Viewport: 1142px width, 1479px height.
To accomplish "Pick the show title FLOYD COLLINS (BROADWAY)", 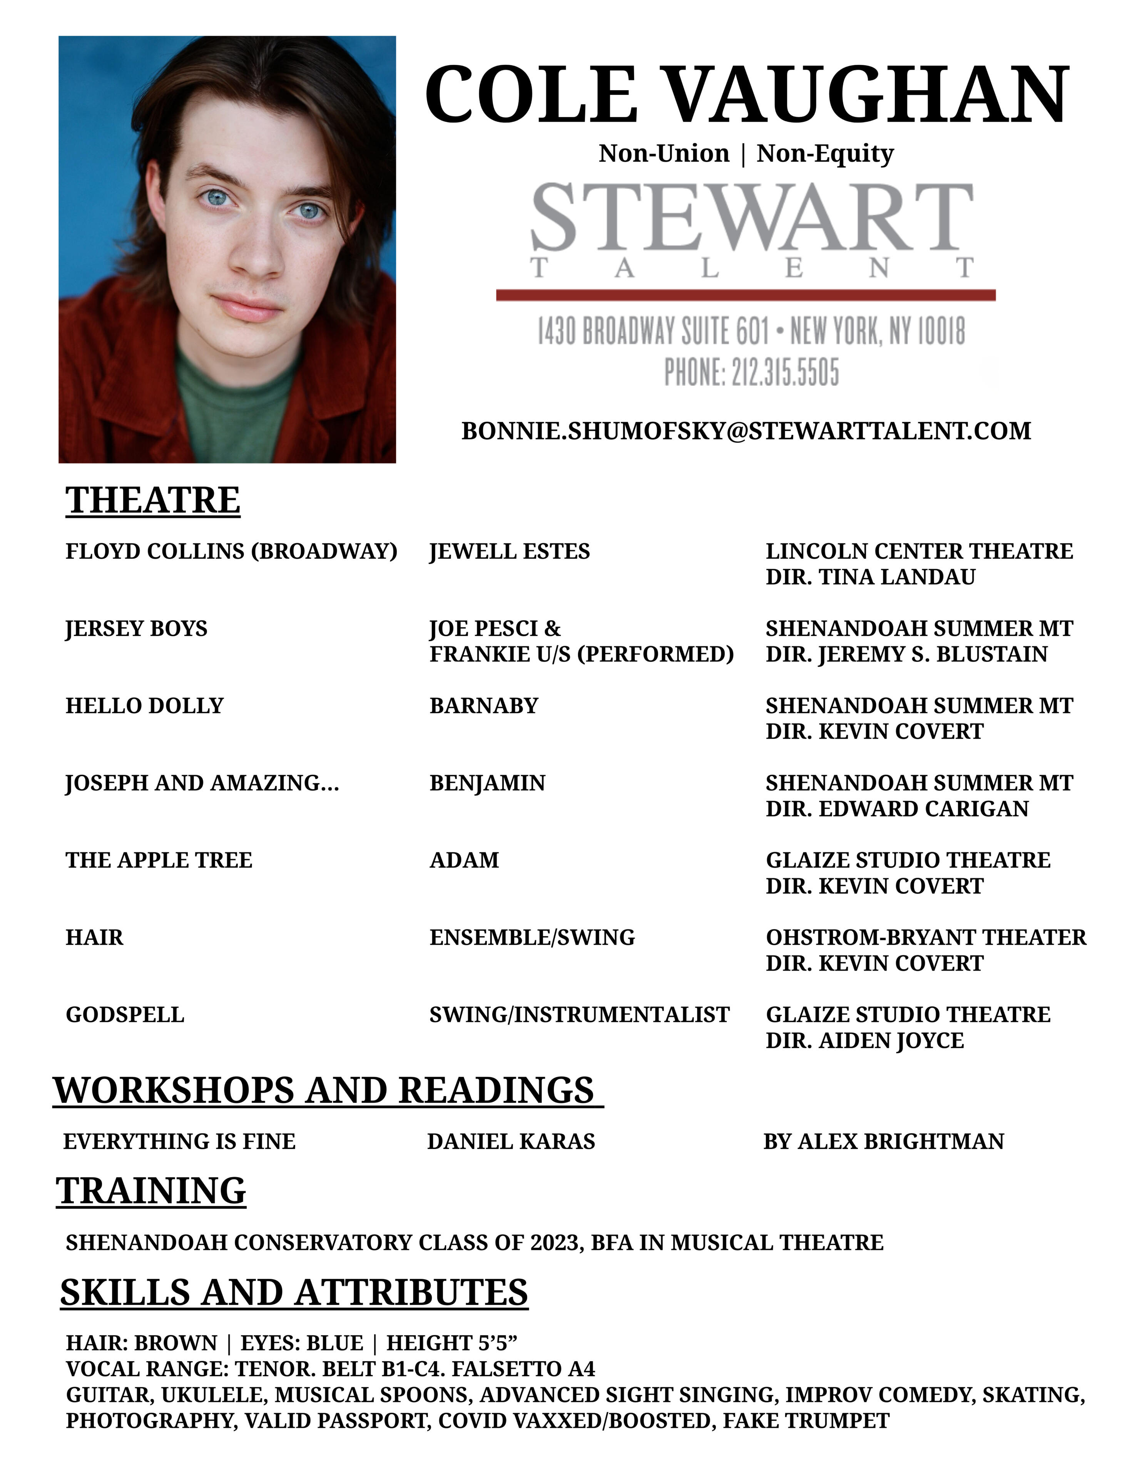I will [x=231, y=551].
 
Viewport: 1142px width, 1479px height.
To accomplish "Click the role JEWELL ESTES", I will [x=509, y=551].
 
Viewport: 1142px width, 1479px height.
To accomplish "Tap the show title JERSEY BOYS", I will [x=136, y=629].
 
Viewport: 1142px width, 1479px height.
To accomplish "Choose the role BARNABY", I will [x=483, y=706].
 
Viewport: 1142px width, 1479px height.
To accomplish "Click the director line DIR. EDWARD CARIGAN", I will [x=896, y=808].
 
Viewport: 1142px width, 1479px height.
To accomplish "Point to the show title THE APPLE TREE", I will [x=159, y=860].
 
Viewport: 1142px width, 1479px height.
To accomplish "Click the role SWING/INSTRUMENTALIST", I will [x=579, y=1015].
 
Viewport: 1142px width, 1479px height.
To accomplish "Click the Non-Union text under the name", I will [x=664, y=154].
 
